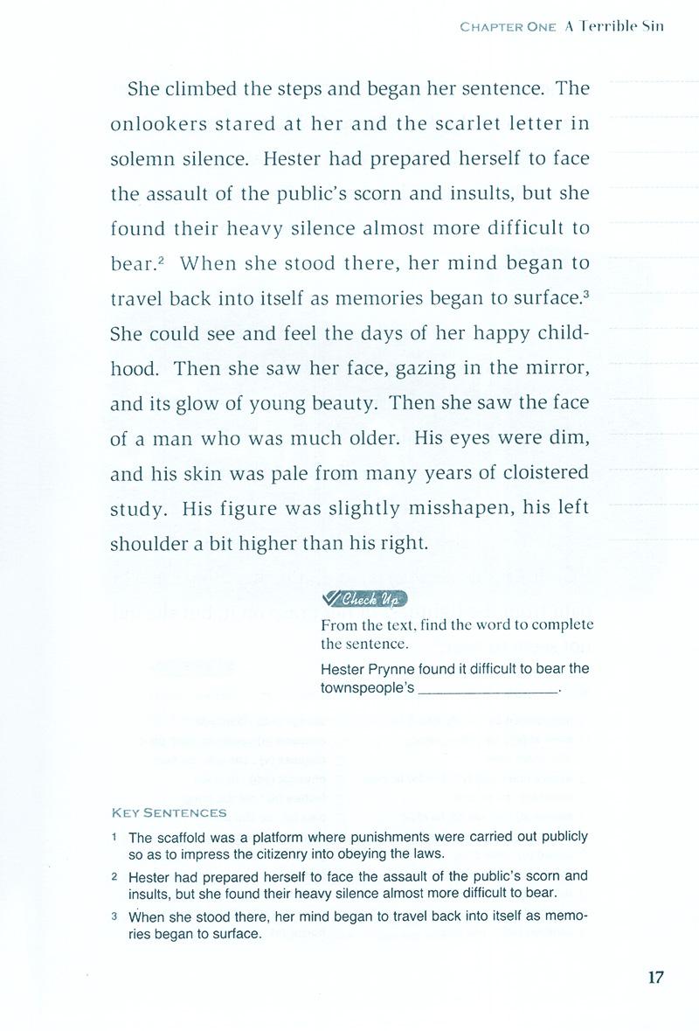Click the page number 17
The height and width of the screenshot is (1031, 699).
[656, 978]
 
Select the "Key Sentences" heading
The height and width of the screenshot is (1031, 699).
[170, 812]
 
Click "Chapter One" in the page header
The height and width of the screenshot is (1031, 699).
[508, 26]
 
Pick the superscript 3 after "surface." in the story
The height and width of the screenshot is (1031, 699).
[585, 292]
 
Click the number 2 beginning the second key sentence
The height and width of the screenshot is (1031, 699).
[114, 875]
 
